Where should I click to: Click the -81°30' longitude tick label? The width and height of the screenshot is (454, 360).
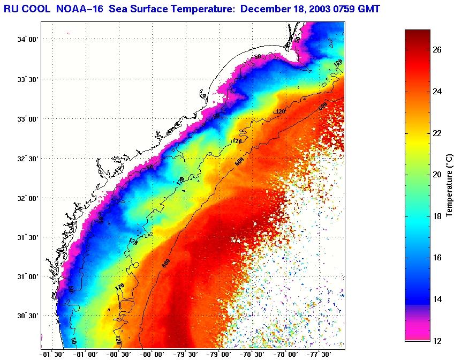point(52,354)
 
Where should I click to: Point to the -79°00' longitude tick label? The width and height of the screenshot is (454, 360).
point(219,354)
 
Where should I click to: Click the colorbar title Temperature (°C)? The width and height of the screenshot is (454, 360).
point(450,185)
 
